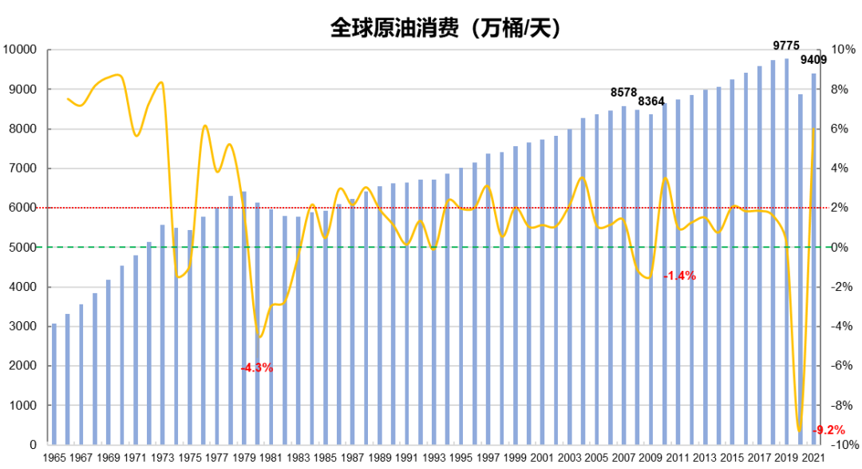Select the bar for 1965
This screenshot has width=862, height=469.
coord(54,384)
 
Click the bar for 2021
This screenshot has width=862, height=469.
coord(814,259)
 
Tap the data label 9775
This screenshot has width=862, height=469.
coord(786,46)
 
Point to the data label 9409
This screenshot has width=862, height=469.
coord(813,60)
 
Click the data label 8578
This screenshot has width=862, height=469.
coord(624,93)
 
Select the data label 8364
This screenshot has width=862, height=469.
coord(651,101)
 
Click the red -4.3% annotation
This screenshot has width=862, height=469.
coord(257,368)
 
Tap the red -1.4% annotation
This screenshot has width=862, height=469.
coord(680,276)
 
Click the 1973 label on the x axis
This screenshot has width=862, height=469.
coord(163,458)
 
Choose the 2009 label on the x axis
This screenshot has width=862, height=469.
coord(651,458)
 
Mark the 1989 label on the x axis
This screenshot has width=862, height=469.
coord(380,458)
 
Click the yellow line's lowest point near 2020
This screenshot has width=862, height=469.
coord(799,430)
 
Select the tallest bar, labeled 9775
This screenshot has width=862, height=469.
coord(787,252)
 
